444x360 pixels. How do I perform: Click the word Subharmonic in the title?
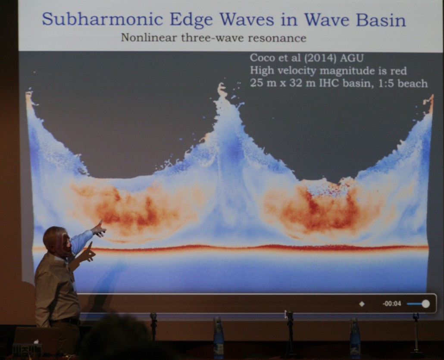(102, 19)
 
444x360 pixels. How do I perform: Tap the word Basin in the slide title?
(381, 19)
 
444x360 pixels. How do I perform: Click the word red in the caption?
(399, 71)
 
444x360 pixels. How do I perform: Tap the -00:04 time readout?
(391, 304)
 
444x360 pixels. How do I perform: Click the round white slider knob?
(425, 304)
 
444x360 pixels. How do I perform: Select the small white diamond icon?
(362, 304)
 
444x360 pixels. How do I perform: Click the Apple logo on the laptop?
(36, 341)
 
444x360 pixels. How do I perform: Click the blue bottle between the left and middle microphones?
(219, 337)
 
